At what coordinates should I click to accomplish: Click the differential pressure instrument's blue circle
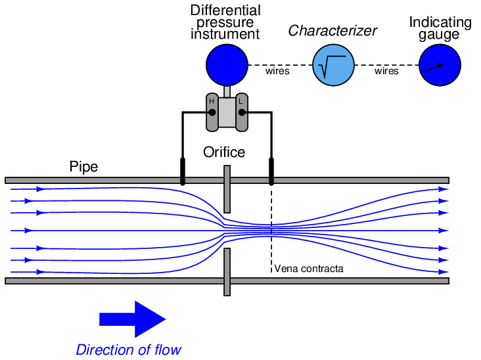point(227,65)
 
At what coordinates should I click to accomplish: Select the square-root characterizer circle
point(332,65)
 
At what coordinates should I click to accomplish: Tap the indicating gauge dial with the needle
point(440,65)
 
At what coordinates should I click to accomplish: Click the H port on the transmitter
point(212,112)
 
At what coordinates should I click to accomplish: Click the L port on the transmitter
point(242,112)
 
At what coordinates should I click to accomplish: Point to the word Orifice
point(224,152)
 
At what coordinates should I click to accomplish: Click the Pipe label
point(83,167)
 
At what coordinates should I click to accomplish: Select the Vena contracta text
point(308,269)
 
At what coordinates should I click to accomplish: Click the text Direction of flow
point(128,349)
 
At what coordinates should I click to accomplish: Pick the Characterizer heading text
point(332,31)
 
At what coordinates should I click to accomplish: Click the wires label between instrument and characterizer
point(277,71)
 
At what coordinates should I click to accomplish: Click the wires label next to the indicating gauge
point(386,71)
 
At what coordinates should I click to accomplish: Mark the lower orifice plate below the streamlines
point(227,271)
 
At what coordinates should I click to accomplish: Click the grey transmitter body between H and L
point(227,112)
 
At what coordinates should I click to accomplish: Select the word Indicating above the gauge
point(440,23)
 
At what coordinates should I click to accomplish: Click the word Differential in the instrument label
point(225,11)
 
